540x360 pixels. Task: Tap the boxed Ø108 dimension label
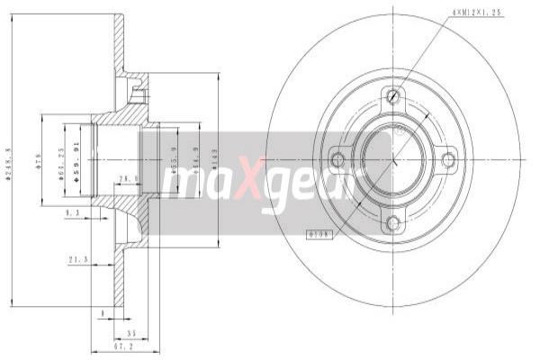click(321, 234)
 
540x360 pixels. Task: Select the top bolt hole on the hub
click(392, 96)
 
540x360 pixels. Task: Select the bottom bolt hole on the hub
click(392, 222)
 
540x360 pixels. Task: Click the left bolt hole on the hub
click(338, 159)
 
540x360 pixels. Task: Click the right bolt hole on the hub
click(447, 159)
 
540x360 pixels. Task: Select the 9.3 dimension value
click(73, 211)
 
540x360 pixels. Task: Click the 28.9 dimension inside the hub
click(127, 179)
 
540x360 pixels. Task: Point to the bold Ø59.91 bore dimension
click(76, 160)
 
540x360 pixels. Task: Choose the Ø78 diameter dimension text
click(40, 162)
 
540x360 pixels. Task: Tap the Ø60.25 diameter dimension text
click(61, 161)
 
